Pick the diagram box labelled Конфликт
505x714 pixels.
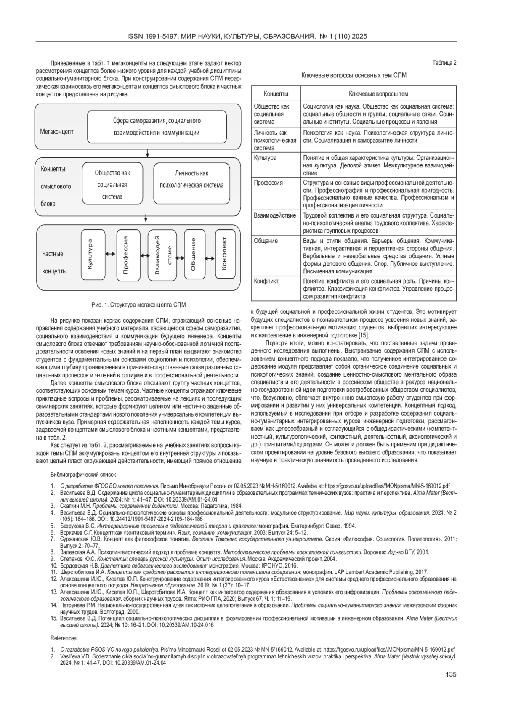click(226, 254)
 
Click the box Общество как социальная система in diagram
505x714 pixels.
click(112, 184)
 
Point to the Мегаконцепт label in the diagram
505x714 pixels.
click(57, 132)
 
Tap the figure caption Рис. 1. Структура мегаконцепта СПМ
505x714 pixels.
click(138, 305)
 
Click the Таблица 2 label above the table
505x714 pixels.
click(444, 63)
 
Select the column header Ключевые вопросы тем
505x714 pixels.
click(378, 93)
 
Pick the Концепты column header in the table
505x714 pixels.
click(276, 93)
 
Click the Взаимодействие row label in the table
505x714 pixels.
click(275, 216)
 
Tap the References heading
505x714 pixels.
click(64, 638)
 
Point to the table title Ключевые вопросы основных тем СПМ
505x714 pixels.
click(354, 75)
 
